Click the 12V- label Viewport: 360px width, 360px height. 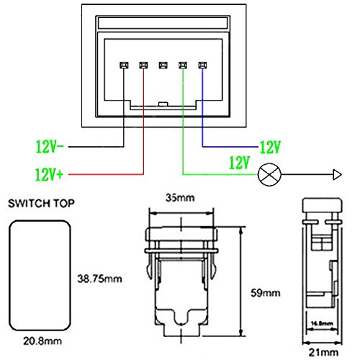tap(50, 147)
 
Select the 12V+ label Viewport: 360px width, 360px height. tap(49, 174)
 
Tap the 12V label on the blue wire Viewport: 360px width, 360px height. tap(270, 147)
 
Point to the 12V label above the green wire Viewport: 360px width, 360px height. tap(240, 163)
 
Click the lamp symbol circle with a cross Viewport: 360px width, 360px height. tap(269, 174)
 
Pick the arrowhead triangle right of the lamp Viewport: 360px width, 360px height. tap(337, 174)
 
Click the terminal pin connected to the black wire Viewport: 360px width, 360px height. tap(124, 65)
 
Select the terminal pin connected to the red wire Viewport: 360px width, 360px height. tap(143, 65)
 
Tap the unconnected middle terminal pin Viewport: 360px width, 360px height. tap(163, 65)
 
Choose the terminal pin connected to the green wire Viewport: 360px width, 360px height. tap(183, 65)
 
